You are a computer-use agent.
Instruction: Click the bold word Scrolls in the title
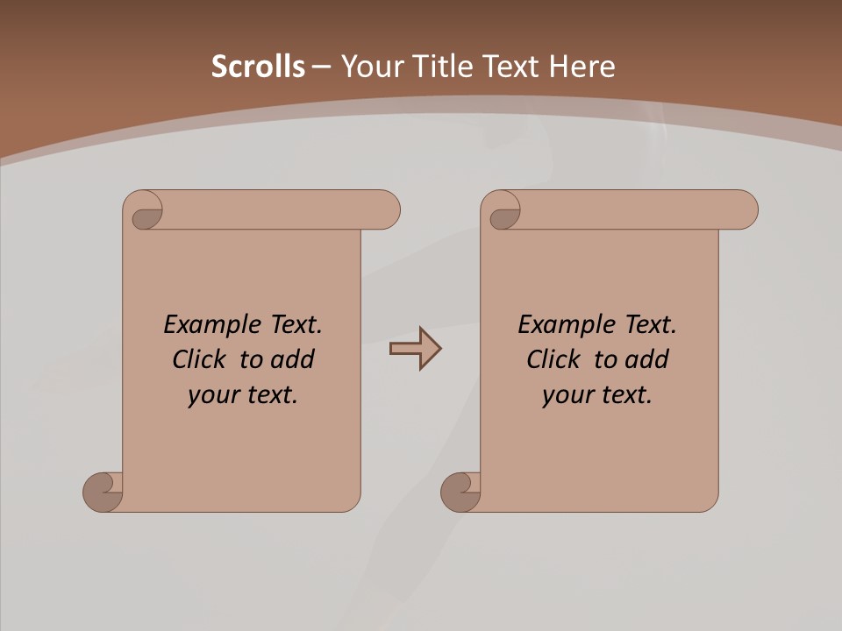(258, 67)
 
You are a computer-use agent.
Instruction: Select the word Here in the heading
(582, 67)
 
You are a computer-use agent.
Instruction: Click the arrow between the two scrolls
(415, 349)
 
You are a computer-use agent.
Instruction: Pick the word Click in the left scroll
(200, 360)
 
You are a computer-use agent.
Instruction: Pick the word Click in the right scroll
(553, 360)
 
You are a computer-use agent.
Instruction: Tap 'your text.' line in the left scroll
(243, 395)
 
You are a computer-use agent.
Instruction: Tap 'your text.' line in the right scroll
(597, 395)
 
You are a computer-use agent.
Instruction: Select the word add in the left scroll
(293, 360)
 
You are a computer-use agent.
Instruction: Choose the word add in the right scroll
(647, 360)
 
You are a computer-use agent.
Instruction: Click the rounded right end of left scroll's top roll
(387, 210)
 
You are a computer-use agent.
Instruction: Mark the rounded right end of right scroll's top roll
(745, 210)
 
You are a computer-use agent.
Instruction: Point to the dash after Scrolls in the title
(321, 67)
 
